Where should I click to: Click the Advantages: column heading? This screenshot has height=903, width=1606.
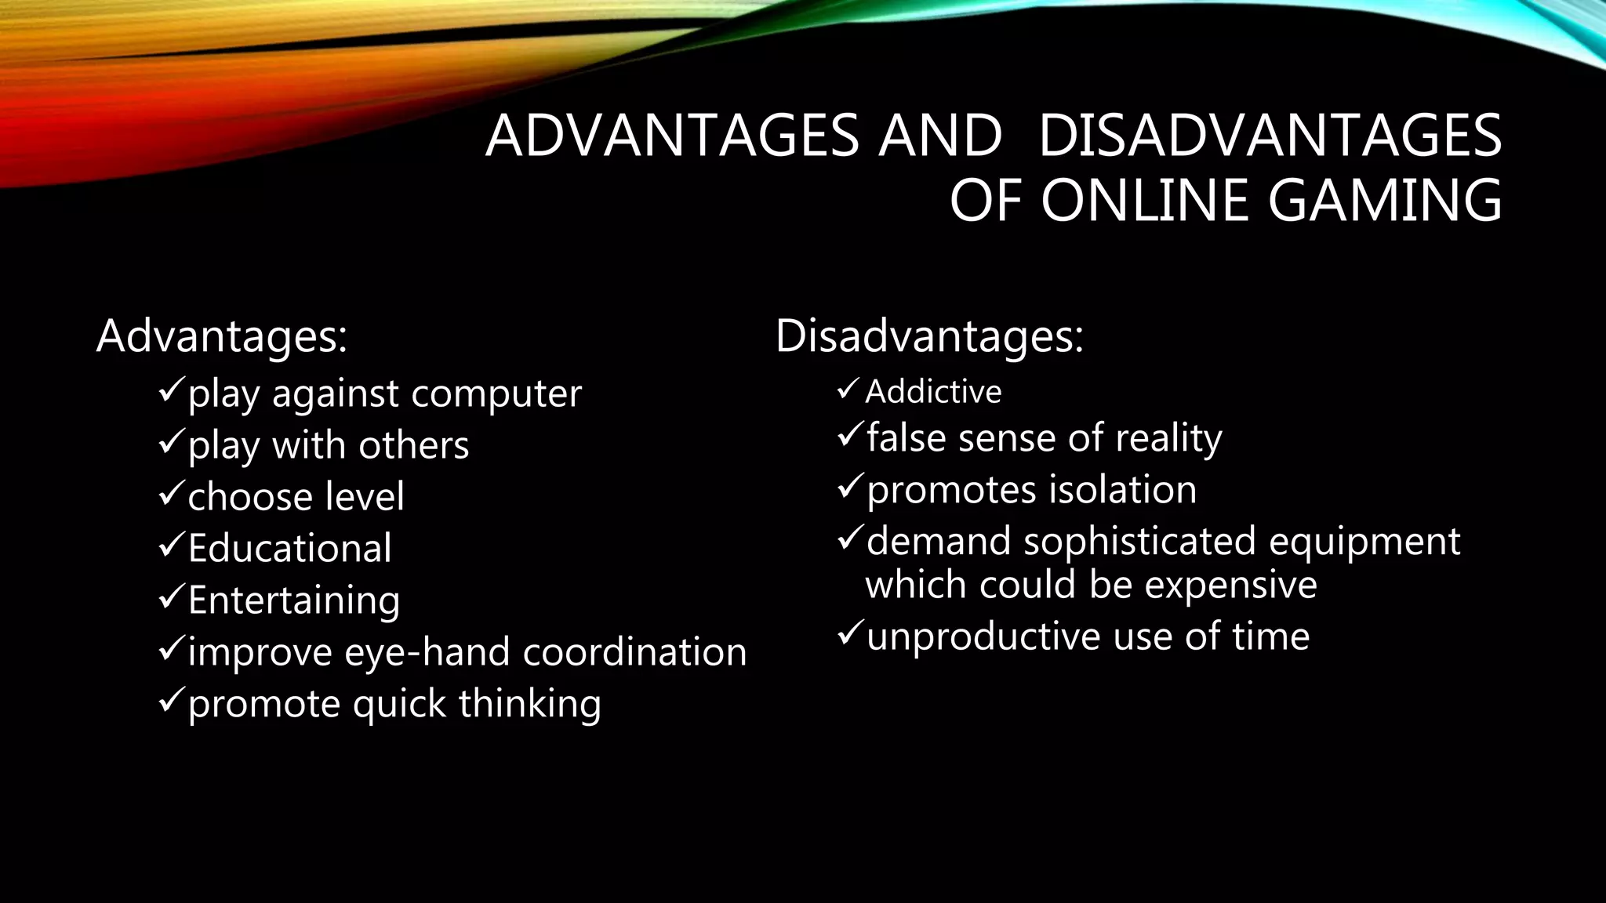(221, 336)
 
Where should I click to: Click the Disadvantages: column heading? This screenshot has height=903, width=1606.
(929, 336)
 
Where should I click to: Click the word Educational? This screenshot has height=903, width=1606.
(289, 548)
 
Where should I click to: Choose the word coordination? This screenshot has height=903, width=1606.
(634, 652)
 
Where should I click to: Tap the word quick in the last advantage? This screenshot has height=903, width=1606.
(399, 704)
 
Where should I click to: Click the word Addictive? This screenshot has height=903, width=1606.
(933, 392)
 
